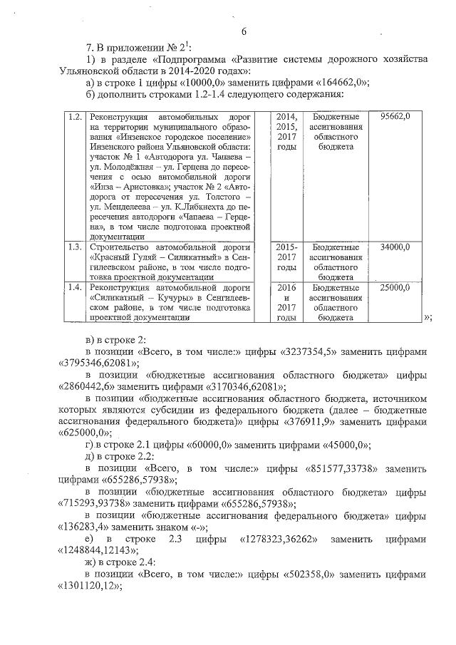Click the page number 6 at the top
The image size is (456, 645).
coord(243,31)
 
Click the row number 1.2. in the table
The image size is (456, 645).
coord(72,116)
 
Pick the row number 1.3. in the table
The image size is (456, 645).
coord(72,247)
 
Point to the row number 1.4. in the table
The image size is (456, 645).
coord(72,287)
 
